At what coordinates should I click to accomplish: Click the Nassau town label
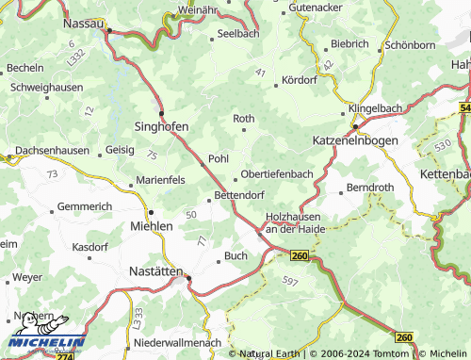(84, 21)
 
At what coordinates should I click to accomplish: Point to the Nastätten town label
(155, 270)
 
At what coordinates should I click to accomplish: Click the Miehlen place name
(152, 226)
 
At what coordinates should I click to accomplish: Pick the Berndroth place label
(370, 188)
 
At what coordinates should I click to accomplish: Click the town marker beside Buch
(218, 259)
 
